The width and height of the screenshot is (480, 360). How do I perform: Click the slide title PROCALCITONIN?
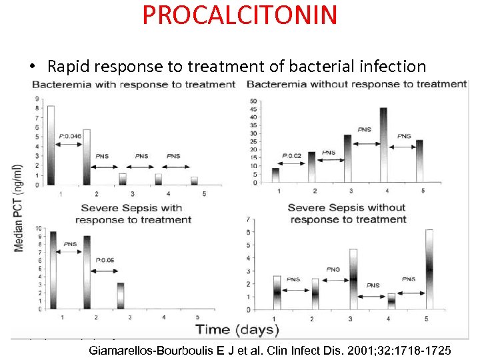[x=239, y=15]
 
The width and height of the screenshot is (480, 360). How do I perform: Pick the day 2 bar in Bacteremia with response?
[x=87, y=157]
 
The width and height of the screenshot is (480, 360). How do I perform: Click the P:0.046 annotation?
[x=69, y=136]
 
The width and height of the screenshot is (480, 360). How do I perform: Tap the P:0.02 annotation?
[x=291, y=156]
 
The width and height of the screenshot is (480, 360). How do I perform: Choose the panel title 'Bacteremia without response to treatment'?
[x=357, y=84]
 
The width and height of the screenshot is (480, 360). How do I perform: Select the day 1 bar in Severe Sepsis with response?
[x=53, y=269]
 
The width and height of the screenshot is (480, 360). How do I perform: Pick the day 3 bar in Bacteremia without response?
[x=347, y=158]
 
